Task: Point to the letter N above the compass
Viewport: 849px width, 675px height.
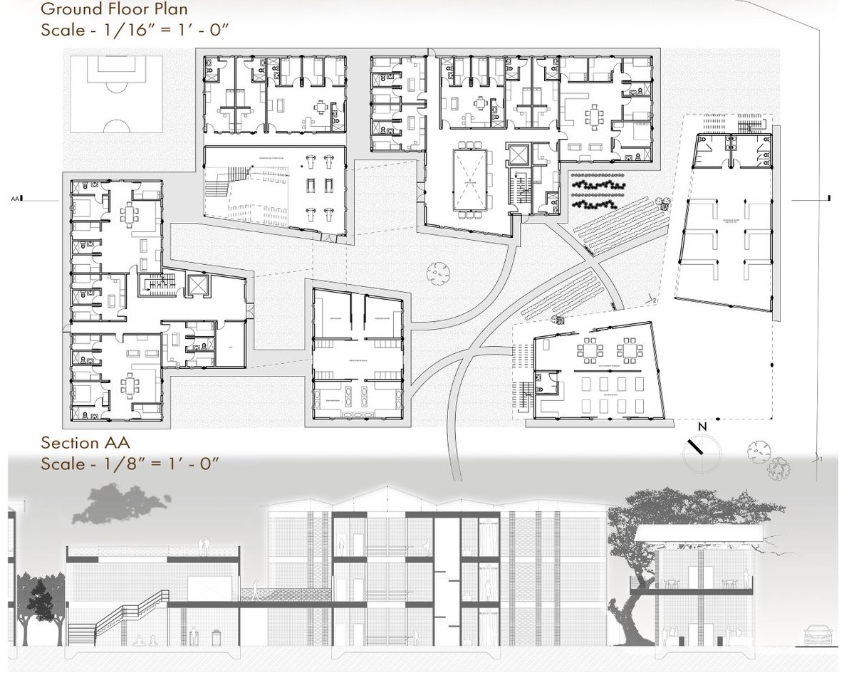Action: coord(702,427)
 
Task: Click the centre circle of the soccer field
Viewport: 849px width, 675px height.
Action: coord(114,91)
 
